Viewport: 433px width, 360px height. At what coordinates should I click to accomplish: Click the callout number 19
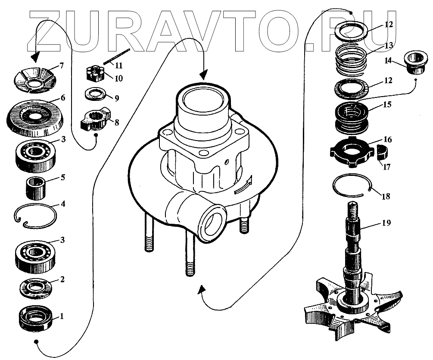(x=386, y=223)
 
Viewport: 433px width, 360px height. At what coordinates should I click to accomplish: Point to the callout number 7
(x=62, y=66)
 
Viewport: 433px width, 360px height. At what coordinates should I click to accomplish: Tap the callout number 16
(x=387, y=140)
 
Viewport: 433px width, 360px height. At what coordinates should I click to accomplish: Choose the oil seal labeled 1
(x=36, y=318)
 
